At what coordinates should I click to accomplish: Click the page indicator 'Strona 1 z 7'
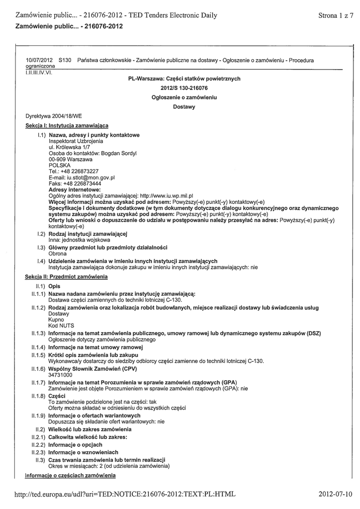(336, 15)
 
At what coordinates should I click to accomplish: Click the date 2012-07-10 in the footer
(336, 494)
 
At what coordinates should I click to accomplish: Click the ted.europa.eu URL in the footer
(125, 494)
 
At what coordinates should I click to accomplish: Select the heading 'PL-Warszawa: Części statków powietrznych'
(184, 79)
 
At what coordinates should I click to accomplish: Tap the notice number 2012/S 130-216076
(184, 88)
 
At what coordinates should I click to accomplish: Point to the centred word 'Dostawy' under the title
(184, 106)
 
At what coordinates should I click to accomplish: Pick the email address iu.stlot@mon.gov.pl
(93, 177)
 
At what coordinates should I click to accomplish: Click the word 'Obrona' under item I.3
(58, 253)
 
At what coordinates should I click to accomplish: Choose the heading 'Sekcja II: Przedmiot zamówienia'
(66, 276)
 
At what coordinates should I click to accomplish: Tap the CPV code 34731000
(61, 375)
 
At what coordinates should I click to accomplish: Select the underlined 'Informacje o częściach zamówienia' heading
(70, 476)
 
